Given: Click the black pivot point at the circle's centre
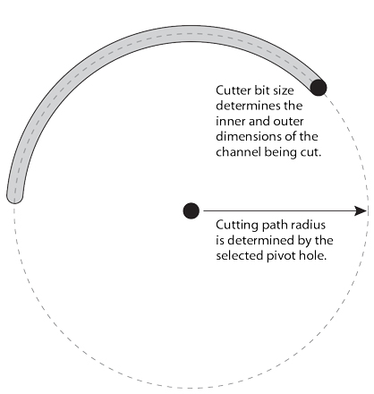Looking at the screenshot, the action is coord(191,210).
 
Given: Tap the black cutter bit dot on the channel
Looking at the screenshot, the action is coord(319,88).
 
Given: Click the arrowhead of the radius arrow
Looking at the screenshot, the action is coord(361,210).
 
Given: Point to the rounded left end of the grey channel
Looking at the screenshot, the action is coord(14,198).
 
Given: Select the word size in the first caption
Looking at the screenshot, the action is coord(284,90).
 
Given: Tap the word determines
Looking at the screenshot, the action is coord(245,106).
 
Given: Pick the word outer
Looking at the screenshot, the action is coord(288,122).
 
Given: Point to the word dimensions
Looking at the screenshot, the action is coord(248,137).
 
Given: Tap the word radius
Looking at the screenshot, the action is coord(310,225).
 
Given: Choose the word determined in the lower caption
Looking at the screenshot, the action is coord(255,240).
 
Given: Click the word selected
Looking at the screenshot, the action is coord(240,256).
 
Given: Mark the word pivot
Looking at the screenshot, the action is coord(279,256).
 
